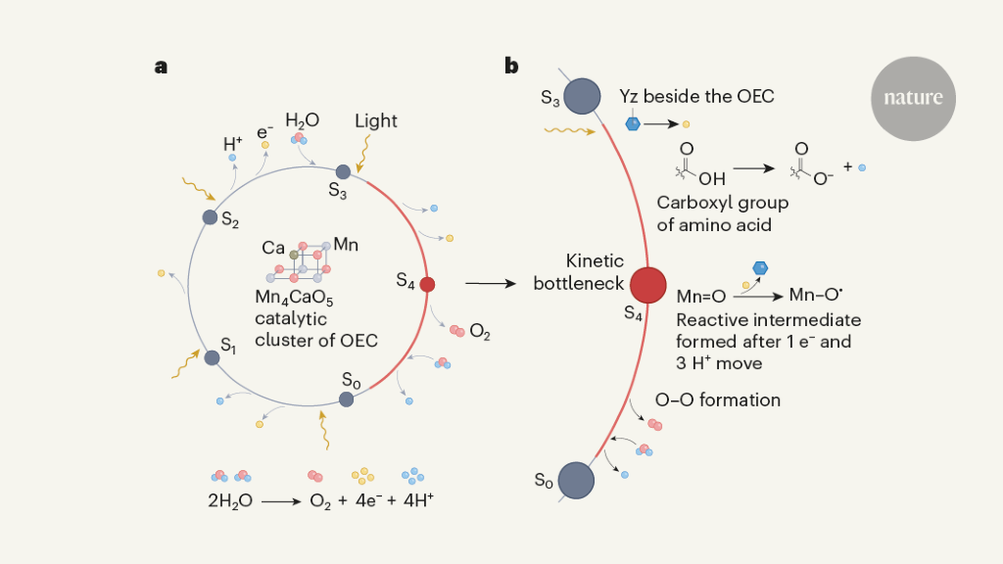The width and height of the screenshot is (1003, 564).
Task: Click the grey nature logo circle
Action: [913, 98]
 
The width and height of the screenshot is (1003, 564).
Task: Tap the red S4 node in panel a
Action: [427, 284]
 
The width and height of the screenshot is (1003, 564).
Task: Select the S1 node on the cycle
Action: [212, 357]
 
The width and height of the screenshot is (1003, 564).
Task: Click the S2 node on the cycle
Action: [210, 217]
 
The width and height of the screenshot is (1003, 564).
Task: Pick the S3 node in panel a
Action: [343, 171]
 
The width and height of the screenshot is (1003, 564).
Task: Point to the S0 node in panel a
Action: [346, 399]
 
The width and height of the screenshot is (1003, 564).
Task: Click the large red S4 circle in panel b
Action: [648, 285]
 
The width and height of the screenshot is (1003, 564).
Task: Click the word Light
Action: [376, 121]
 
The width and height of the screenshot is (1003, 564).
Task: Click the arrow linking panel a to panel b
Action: [491, 284]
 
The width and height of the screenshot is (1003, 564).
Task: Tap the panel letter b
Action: [511, 67]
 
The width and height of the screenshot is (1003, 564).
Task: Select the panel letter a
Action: [161, 67]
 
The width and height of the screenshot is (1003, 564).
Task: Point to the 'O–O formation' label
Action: [719, 399]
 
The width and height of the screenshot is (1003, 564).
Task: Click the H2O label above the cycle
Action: [302, 120]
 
